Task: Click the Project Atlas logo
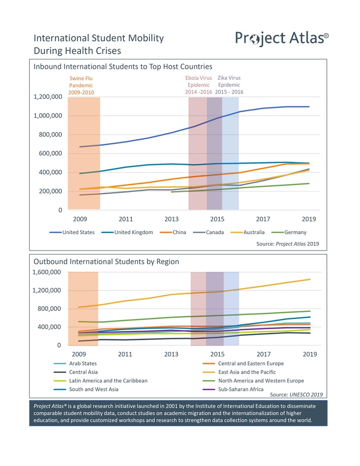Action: click(282, 38)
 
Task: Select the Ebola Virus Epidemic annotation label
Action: click(199, 85)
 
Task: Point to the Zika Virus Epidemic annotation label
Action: click(229, 85)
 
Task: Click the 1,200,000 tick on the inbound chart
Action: click(48, 97)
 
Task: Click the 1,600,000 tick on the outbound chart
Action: click(48, 272)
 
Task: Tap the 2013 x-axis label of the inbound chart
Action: click(171, 219)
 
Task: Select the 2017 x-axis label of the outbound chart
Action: click(263, 355)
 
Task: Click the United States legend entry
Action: click(72, 232)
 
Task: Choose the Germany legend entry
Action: click(290, 232)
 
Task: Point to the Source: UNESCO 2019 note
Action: click(296, 394)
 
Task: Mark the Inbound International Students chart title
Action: click(123, 66)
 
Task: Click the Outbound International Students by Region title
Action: click(106, 262)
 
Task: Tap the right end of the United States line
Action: click(309, 107)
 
